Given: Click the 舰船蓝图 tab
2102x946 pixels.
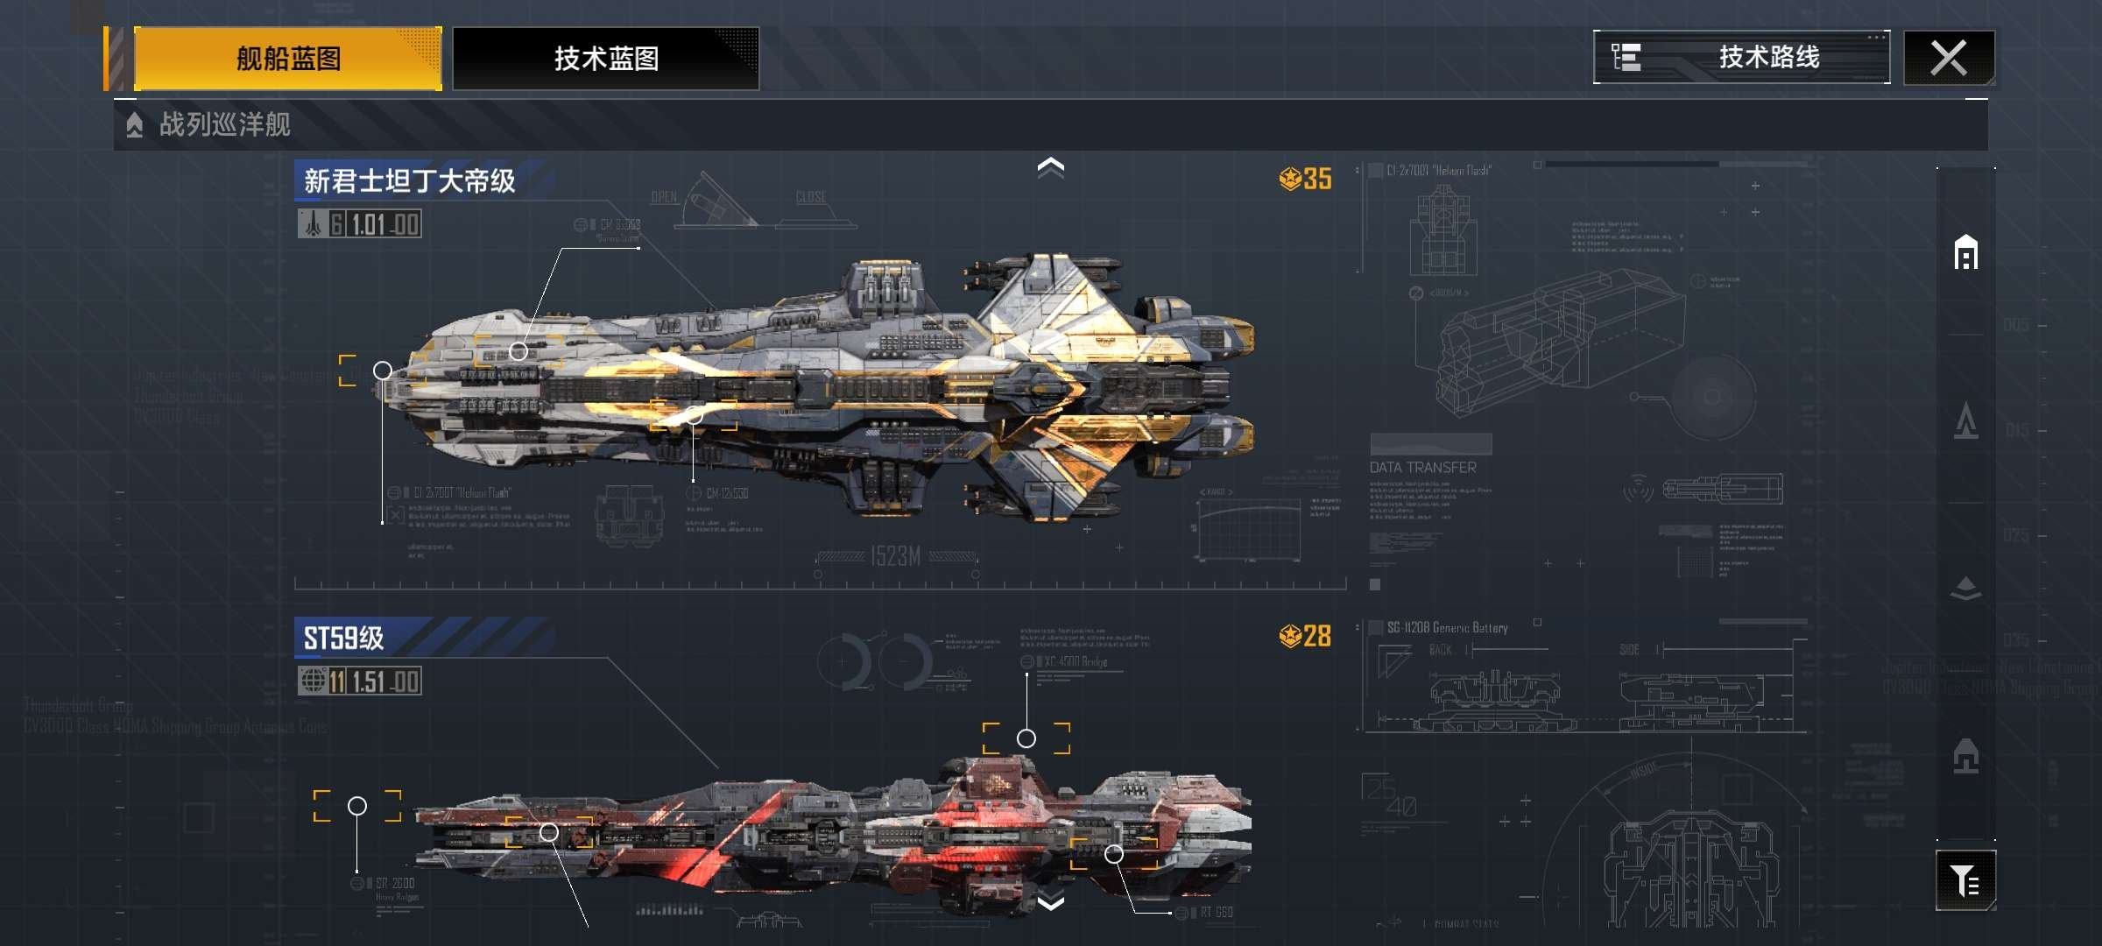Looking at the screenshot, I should tap(288, 59).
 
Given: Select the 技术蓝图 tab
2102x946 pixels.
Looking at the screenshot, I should tap(606, 59).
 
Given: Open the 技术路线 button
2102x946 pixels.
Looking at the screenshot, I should tap(1741, 58).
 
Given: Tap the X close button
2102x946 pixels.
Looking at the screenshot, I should tap(1949, 59).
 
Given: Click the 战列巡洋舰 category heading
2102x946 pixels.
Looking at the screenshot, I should tap(224, 124).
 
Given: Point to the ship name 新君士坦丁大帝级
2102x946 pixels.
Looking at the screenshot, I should tap(410, 180).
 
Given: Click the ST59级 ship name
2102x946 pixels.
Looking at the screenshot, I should tap(343, 638).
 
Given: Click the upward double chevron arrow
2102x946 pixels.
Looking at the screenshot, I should tap(1051, 166).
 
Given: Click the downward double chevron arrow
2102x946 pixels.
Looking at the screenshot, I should tap(1051, 902).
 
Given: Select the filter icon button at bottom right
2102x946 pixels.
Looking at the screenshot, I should tap(1965, 879).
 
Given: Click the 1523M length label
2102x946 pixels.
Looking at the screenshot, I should tap(895, 556).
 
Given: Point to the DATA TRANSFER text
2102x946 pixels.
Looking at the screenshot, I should tap(1422, 468).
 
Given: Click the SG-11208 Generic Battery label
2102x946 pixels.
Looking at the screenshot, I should tap(1447, 628).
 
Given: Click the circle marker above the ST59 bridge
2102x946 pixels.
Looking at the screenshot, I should tap(1026, 738).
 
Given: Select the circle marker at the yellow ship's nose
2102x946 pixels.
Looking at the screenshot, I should tap(383, 371).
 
